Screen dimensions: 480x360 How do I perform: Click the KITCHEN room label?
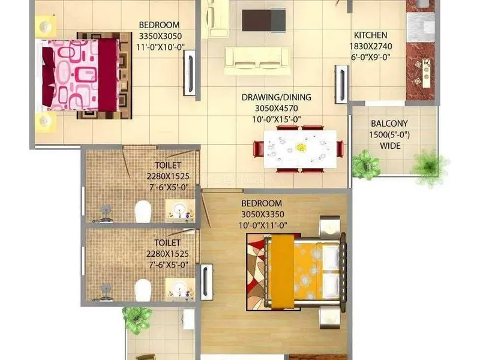coord(370,35)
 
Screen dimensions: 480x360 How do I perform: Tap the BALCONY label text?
coord(389,124)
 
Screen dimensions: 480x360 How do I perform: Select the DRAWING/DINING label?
coord(277,97)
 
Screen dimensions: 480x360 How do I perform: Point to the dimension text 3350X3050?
coord(160,36)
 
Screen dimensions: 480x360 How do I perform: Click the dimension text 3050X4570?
coord(277,109)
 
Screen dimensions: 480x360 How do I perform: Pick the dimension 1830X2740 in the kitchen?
coord(371,46)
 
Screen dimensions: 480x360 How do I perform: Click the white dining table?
coord(300,149)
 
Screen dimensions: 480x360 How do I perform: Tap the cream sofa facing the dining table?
coord(257,61)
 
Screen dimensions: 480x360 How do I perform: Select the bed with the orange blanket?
coord(305,271)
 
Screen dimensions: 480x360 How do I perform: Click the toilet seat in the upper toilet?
coord(143,211)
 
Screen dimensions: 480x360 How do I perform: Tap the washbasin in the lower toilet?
coord(179,288)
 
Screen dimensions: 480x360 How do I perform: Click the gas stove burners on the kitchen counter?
coord(423,72)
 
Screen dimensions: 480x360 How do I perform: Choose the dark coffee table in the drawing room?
coord(263,20)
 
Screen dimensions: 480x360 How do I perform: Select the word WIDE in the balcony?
coord(390,146)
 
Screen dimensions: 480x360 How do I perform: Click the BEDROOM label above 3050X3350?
coord(262,203)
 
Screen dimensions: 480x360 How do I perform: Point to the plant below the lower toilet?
coord(137,319)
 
